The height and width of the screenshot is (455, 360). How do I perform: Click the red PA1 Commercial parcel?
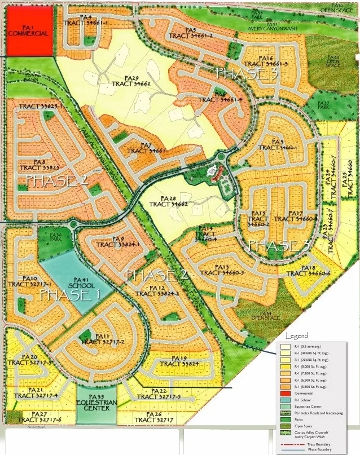coord(29,30)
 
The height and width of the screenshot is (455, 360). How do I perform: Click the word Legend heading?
coord(297,337)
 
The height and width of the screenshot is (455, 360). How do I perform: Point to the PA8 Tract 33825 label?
coord(39,165)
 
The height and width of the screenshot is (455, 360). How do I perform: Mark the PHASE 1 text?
coord(69,296)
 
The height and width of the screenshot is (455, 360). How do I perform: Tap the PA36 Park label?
coord(55,237)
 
